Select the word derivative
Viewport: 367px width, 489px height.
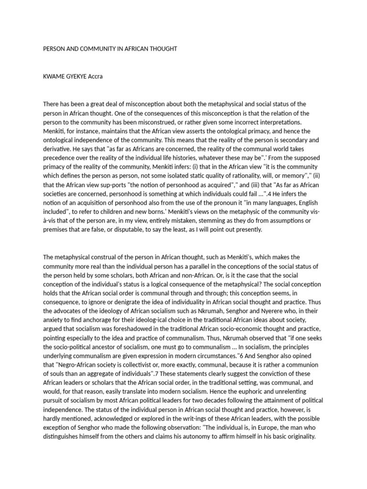[x=58, y=149]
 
